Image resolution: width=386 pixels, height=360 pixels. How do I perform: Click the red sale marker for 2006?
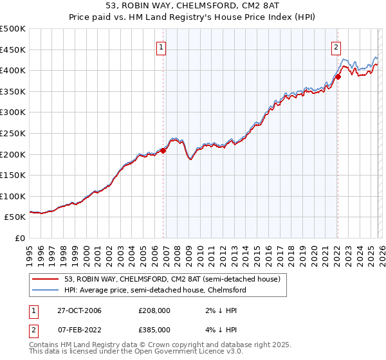pyautogui.click(x=163, y=150)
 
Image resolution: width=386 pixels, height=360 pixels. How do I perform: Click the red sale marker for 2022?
pyautogui.click(x=337, y=76)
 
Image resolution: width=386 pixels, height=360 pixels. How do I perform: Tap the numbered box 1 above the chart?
pyautogui.click(x=160, y=46)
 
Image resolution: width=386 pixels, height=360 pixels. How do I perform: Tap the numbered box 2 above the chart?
pyautogui.click(x=336, y=46)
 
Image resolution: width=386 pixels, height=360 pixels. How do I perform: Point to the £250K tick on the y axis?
pyautogui.click(x=13, y=133)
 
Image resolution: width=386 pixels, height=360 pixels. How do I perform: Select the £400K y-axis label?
pyautogui.click(x=13, y=71)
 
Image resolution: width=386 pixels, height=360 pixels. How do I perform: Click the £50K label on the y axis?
pyautogui.click(x=15, y=217)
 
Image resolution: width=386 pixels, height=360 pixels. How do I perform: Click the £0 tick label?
pyautogui.click(x=21, y=239)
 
